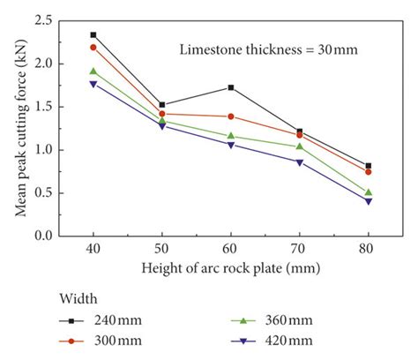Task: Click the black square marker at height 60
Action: coord(231,87)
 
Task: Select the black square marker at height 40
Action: coord(93,35)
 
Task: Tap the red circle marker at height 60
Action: coord(231,116)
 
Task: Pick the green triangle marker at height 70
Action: coord(300,146)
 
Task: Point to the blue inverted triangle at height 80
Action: coord(369,201)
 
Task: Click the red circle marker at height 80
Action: coord(369,172)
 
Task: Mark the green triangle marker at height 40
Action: coord(93,71)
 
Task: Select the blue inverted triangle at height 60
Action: coord(231,145)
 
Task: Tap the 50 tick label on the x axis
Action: coord(162,249)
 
